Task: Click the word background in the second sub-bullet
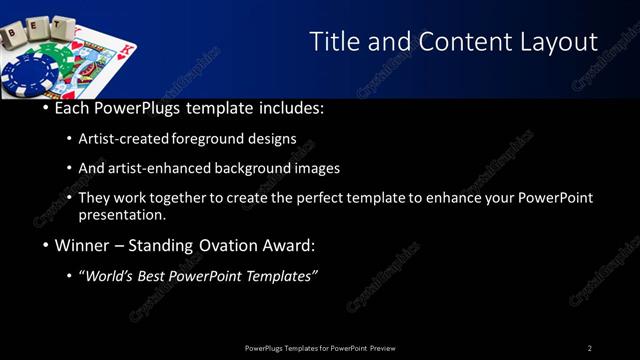click(x=249, y=168)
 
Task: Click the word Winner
click(x=82, y=245)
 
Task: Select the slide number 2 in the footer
click(x=590, y=348)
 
